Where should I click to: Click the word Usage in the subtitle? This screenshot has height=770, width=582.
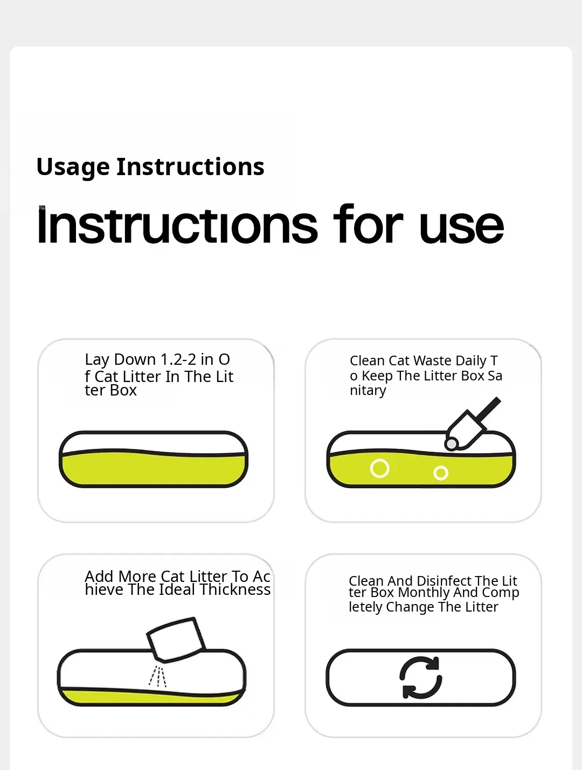pos(73,168)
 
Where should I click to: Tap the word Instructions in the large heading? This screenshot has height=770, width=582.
pos(177,225)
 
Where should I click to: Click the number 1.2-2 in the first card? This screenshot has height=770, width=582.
pos(178,359)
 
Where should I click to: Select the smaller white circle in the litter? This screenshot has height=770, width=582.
pos(441,473)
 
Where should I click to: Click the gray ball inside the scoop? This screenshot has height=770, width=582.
pos(452,444)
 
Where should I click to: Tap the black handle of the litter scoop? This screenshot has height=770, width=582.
pos(488,410)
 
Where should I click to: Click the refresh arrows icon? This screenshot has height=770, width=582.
pos(421,677)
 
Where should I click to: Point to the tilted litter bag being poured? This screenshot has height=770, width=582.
pos(176,640)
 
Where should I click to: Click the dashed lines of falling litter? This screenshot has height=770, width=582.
pos(157,677)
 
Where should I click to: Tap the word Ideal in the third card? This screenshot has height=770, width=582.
pos(177,589)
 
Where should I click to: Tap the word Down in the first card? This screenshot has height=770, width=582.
pos(135,359)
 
